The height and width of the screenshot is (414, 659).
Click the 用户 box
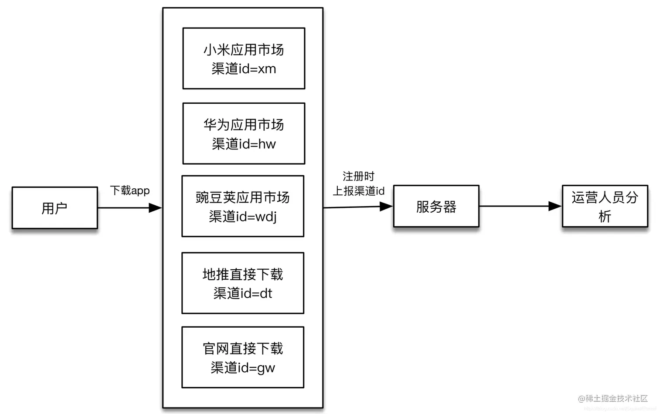54,208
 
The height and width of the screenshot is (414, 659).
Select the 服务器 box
436,207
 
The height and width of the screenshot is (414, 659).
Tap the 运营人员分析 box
605,207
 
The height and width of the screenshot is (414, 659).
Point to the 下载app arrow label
129,190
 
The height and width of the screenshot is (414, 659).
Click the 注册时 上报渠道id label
358,183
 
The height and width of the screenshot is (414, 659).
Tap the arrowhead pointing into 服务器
386,207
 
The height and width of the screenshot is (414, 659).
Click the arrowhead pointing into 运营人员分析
555,206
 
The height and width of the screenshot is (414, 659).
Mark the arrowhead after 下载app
155,208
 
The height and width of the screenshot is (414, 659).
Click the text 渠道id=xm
244,69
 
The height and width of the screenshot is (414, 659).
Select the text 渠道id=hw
244,144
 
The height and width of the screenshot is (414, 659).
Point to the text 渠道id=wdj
243,217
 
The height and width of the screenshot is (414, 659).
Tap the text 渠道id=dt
243,293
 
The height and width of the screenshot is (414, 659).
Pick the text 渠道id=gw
243,368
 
